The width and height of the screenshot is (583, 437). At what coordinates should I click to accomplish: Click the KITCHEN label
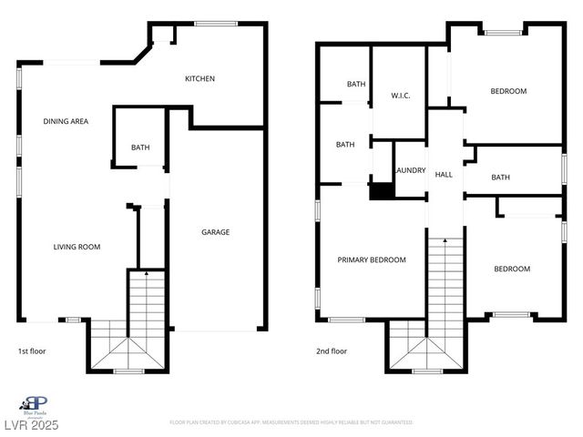click(x=199, y=78)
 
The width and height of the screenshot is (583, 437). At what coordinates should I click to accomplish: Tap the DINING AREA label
click(x=66, y=121)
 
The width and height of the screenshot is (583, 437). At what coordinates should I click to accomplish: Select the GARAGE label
click(x=215, y=232)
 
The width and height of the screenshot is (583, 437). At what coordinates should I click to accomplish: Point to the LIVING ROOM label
click(x=77, y=247)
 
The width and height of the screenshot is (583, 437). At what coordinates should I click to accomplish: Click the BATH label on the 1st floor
click(x=140, y=147)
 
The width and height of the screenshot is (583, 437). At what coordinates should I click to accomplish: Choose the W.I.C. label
click(x=403, y=95)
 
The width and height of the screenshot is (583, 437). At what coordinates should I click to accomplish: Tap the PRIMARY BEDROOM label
click(x=372, y=259)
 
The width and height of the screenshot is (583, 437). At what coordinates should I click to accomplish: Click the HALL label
click(x=444, y=174)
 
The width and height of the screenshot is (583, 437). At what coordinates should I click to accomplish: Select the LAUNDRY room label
click(x=410, y=170)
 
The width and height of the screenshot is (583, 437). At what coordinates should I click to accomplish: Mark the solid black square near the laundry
click(x=382, y=191)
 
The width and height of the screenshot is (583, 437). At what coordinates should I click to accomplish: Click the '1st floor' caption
click(x=32, y=351)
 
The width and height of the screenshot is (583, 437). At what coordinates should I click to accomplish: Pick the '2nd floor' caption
click(x=332, y=351)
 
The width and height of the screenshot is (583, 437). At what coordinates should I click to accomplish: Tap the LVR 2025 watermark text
click(x=30, y=425)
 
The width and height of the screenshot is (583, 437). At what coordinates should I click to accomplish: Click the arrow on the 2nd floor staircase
click(x=445, y=241)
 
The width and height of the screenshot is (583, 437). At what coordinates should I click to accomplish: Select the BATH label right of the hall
click(x=500, y=178)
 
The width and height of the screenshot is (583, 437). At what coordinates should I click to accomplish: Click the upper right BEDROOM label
click(x=508, y=91)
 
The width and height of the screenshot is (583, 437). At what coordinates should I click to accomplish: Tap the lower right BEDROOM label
click(x=512, y=269)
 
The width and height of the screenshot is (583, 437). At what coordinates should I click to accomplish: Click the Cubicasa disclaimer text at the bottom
click(x=291, y=422)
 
